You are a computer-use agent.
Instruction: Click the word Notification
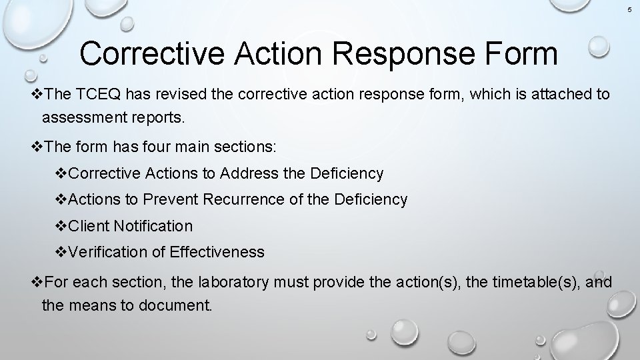click(153, 226)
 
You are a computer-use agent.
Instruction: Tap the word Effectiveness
click(217, 252)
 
